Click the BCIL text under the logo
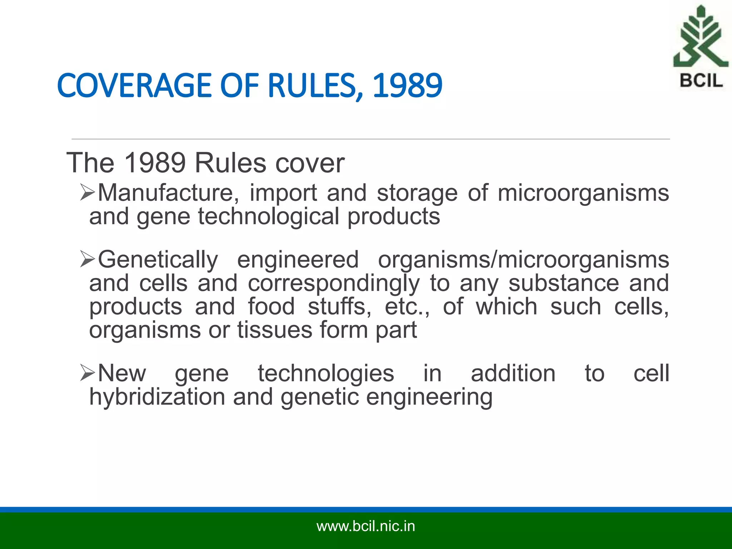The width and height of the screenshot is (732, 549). click(x=701, y=80)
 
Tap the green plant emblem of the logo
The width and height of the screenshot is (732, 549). click(x=700, y=38)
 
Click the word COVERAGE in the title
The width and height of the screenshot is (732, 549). click(x=134, y=86)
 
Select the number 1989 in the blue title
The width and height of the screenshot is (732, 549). click(x=407, y=86)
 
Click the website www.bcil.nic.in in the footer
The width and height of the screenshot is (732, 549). click(x=366, y=526)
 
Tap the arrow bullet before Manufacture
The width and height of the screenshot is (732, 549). click(x=88, y=193)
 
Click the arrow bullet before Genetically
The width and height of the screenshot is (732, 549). click(x=88, y=259)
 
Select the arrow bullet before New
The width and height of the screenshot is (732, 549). click(x=88, y=373)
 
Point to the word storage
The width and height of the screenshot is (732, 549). click(x=417, y=193)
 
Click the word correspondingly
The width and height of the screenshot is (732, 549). click(x=334, y=284)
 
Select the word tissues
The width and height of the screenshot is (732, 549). click(x=275, y=330)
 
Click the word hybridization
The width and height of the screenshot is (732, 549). click(x=157, y=397)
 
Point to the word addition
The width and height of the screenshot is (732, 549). click(x=513, y=373)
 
